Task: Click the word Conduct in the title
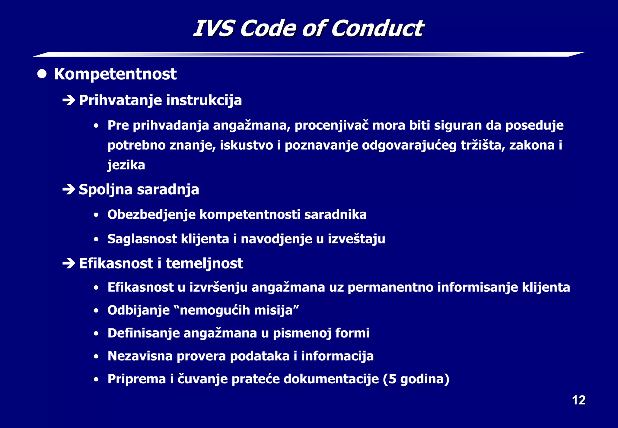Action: click(377, 29)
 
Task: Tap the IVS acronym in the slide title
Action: click(213, 29)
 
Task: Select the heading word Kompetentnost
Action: click(115, 74)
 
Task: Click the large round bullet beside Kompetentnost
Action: click(42, 74)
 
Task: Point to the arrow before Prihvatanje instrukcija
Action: click(69, 100)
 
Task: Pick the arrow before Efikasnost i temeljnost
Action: click(69, 264)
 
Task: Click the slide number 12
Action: click(578, 400)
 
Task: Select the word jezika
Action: click(126, 165)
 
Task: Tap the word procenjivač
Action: click(332, 125)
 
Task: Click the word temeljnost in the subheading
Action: click(204, 264)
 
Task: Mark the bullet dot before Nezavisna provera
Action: click(96, 357)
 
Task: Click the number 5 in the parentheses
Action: click(392, 379)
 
